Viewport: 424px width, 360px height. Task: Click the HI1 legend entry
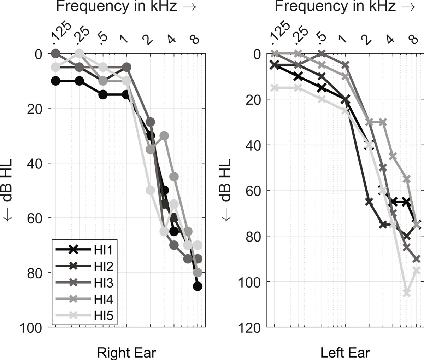84,250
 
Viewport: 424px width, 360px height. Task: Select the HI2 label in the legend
84,266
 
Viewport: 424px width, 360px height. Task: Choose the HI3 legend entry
84,283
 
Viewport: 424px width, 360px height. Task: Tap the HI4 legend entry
84,300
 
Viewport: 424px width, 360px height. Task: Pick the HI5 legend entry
84,316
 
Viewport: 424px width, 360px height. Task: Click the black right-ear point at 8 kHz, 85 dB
198,286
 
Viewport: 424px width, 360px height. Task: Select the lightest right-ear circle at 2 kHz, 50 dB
150,190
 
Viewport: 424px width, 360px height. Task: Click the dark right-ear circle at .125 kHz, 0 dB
55,54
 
